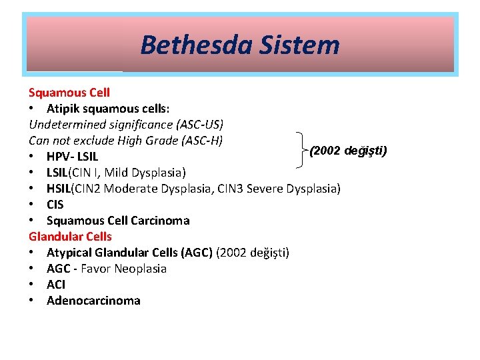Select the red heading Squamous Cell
click(x=69, y=92)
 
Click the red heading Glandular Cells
click(x=70, y=236)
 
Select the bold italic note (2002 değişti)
click(x=349, y=150)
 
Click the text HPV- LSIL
click(x=72, y=157)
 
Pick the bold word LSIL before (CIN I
click(x=59, y=173)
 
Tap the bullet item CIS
click(x=55, y=205)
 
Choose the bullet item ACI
click(x=56, y=285)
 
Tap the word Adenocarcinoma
click(x=93, y=301)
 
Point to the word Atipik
click(x=63, y=108)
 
